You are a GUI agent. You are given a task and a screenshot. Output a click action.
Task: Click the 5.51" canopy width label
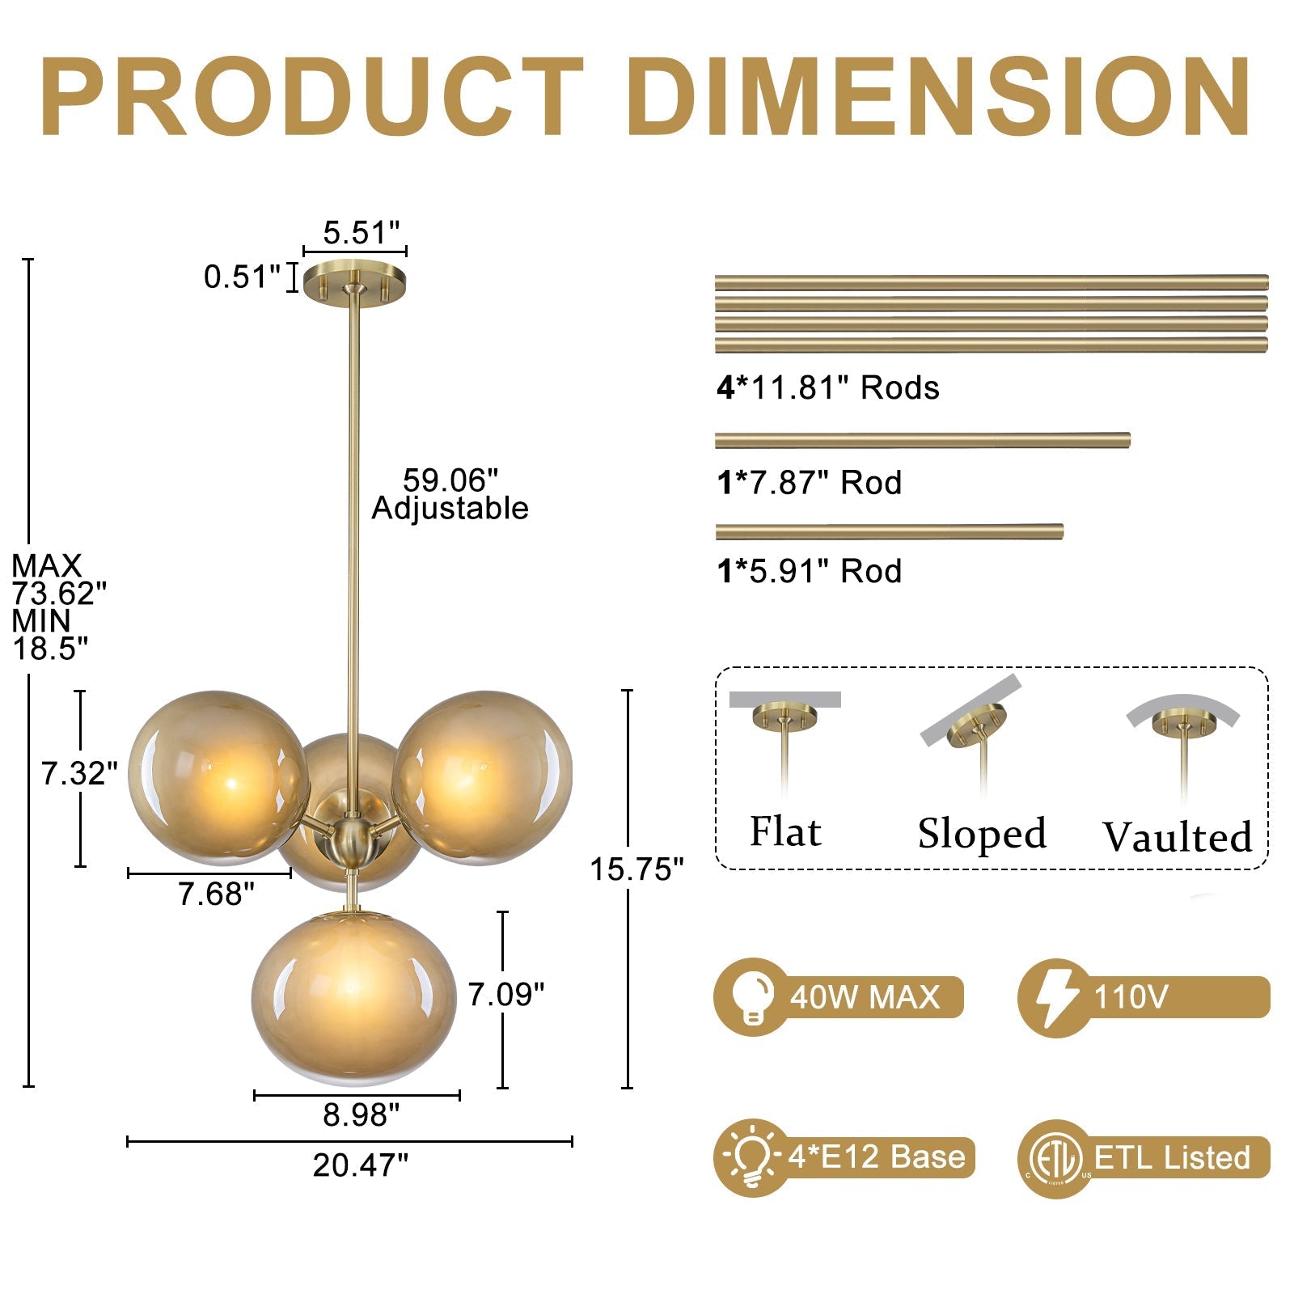(x=362, y=233)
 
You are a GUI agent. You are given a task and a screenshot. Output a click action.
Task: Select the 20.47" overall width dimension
(x=361, y=1165)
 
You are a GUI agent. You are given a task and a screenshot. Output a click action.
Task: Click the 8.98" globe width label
(x=362, y=1114)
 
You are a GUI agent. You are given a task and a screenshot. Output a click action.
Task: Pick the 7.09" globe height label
(x=506, y=994)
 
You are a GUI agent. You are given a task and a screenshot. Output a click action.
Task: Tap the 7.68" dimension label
(x=216, y=894)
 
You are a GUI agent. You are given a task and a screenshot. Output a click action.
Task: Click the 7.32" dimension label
(x=79, y=774)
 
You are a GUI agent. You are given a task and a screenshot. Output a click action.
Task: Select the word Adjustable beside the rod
(x=450, y=509)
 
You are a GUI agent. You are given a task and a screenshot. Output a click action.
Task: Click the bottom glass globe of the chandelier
(x=354, y=999)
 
